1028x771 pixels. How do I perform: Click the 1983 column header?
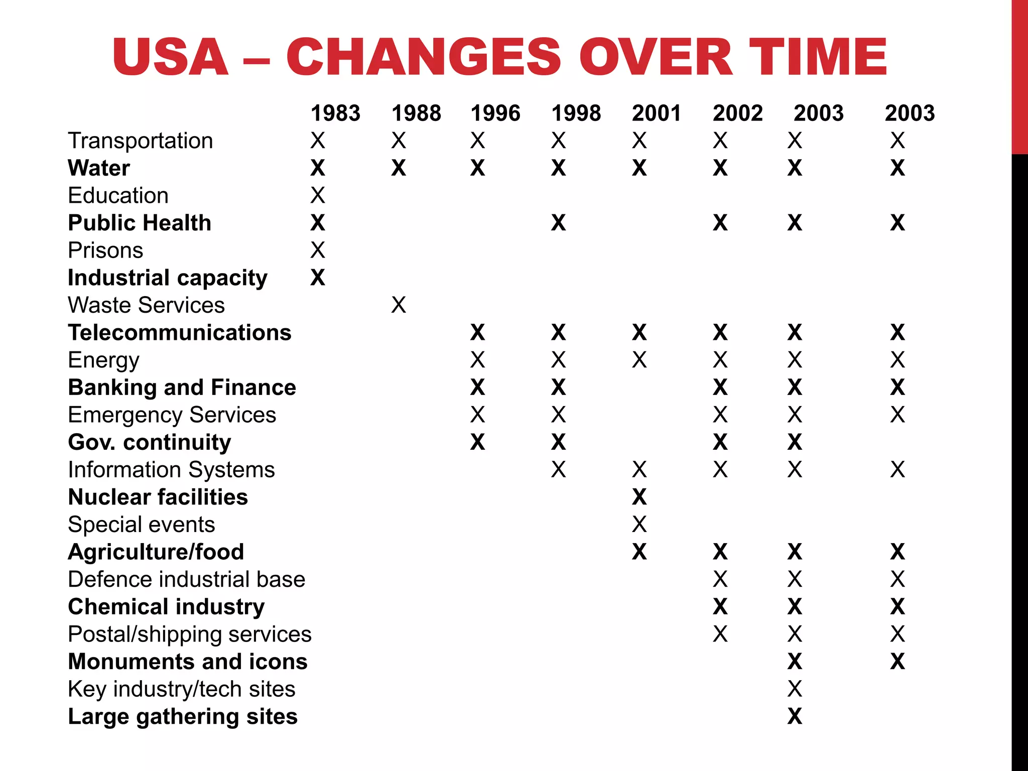[335, 113]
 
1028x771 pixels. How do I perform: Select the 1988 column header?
[416, 113]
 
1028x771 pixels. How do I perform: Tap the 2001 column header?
[657, 113]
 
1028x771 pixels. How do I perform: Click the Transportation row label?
[141, 141]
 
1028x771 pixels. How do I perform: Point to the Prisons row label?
[105, 250]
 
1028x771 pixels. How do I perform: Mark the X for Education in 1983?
[318, 195]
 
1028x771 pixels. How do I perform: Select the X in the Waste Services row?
[399, 305]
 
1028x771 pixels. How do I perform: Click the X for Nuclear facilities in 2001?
[639, 497]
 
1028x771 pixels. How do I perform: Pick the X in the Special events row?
[639, 524]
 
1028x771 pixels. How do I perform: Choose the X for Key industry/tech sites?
[795, 689]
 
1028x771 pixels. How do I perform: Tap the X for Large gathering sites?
[795, 716]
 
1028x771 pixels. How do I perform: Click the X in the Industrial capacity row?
[318, 278]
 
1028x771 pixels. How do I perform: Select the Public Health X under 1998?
[558, 222]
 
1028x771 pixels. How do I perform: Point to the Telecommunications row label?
[180, 332]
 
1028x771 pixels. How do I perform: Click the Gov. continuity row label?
[150, 442]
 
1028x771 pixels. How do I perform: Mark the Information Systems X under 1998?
[558, 469]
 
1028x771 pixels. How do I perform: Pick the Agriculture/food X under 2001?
[639, 552]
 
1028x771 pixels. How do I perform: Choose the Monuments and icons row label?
[188, 662]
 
